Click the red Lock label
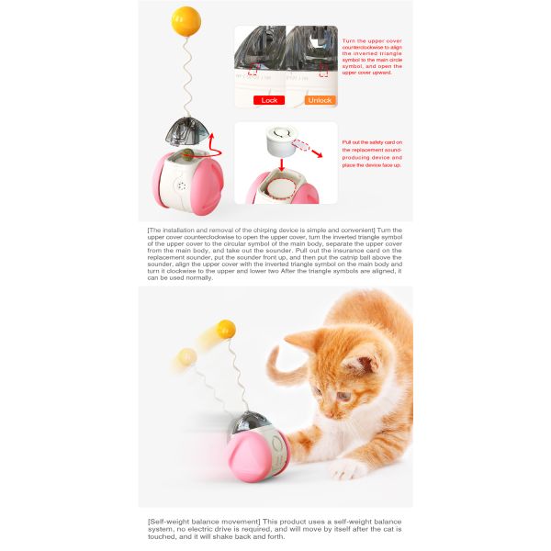[x=269, y=100]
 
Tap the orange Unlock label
[x=320, y=100]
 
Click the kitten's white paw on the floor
[x=344, y=469]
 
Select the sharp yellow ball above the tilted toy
[x=225, y=329]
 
